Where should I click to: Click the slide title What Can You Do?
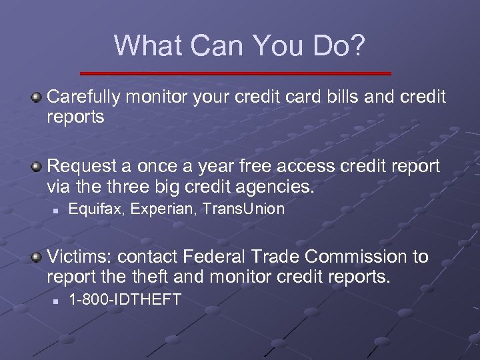(239, 45)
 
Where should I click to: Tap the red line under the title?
(235, 73)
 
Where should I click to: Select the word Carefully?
(83, 97)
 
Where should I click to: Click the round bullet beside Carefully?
(37, 97)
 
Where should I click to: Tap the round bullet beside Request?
(37, 165)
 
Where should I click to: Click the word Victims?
(74, 257)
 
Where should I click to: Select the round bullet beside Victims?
(37, 257)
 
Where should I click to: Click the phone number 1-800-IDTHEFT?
(125, 300)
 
